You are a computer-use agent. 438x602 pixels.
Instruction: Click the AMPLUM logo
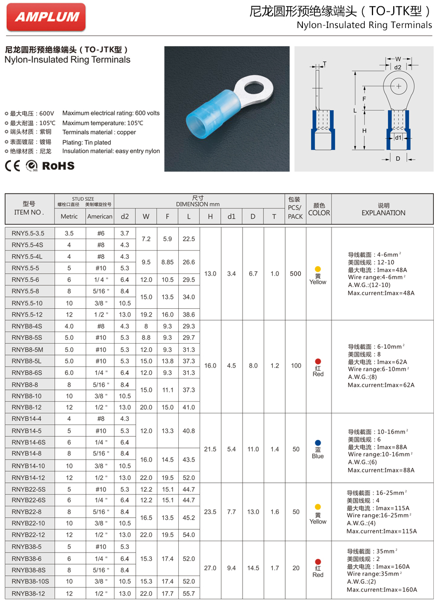[46, 17]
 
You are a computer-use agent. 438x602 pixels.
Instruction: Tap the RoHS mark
[58, 166]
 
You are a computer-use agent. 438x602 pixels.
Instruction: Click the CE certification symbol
[13, 166]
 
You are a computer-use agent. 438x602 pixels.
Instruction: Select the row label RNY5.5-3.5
[28, 233]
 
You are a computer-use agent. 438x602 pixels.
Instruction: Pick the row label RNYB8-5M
[28, 349]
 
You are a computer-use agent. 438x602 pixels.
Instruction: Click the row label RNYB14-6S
[29, 442]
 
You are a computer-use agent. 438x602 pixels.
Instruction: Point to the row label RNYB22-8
[28, 512]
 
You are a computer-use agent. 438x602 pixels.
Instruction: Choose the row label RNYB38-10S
[30, 581]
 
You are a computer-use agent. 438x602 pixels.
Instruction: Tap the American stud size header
[100, 216]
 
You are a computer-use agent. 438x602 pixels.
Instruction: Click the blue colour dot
[318, 442]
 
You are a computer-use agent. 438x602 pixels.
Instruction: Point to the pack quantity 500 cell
[296, 273]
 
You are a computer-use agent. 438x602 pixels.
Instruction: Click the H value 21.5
[210, 449]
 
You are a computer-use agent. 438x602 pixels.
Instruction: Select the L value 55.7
[189, 593]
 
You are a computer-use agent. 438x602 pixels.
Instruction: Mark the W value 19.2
[146, 315]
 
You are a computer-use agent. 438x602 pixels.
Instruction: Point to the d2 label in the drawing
[397, 67]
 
